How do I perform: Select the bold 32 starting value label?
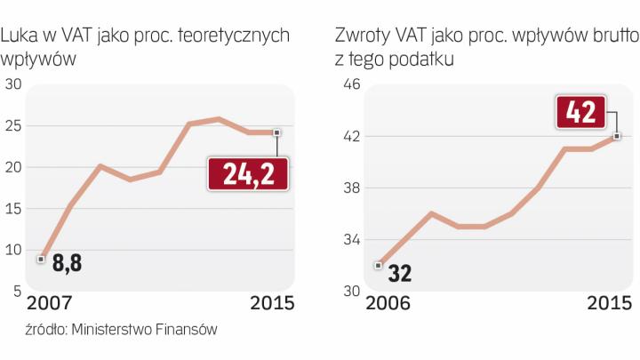399,273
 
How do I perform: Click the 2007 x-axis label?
51,303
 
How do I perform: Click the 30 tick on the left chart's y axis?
13,84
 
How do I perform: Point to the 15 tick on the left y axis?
13,209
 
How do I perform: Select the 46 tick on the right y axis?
350,84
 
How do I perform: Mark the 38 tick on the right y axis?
350,188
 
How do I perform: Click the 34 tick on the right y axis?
350,240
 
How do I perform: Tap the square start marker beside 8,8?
41,259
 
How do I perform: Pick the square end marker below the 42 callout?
617,136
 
